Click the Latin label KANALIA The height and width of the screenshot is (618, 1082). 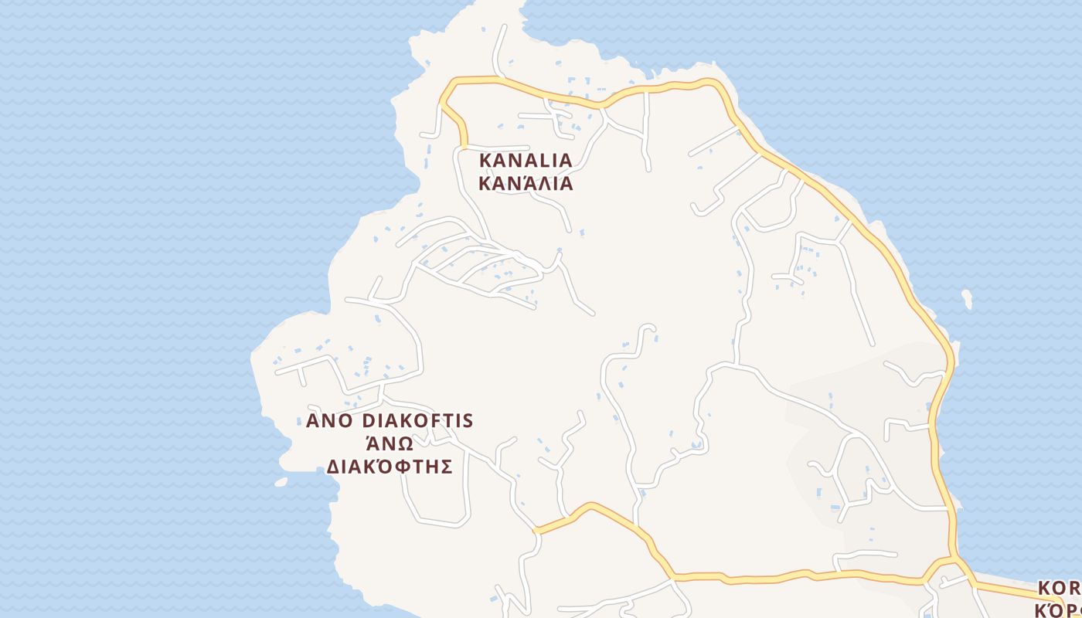[x=526, y=160]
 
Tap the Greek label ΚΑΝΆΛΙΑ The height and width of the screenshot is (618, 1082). [x=526, y=184]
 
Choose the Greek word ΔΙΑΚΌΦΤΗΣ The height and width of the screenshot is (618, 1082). [x=390, y=467]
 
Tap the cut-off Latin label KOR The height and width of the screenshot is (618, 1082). [x=1059, y=589]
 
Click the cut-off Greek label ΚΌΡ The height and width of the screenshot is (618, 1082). [x=1059, y=610]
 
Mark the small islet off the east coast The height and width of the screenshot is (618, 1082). [x=967, y=299]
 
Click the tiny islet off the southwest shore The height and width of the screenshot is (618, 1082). [x=281, y=482]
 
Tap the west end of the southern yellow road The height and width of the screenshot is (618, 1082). [x=536, y=531]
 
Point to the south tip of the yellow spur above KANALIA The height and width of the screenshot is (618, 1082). [x=464, y=144]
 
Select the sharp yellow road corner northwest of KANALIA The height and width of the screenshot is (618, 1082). [x=442, y=101]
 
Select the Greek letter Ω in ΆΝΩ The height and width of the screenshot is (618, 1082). [x=407, y=444]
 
